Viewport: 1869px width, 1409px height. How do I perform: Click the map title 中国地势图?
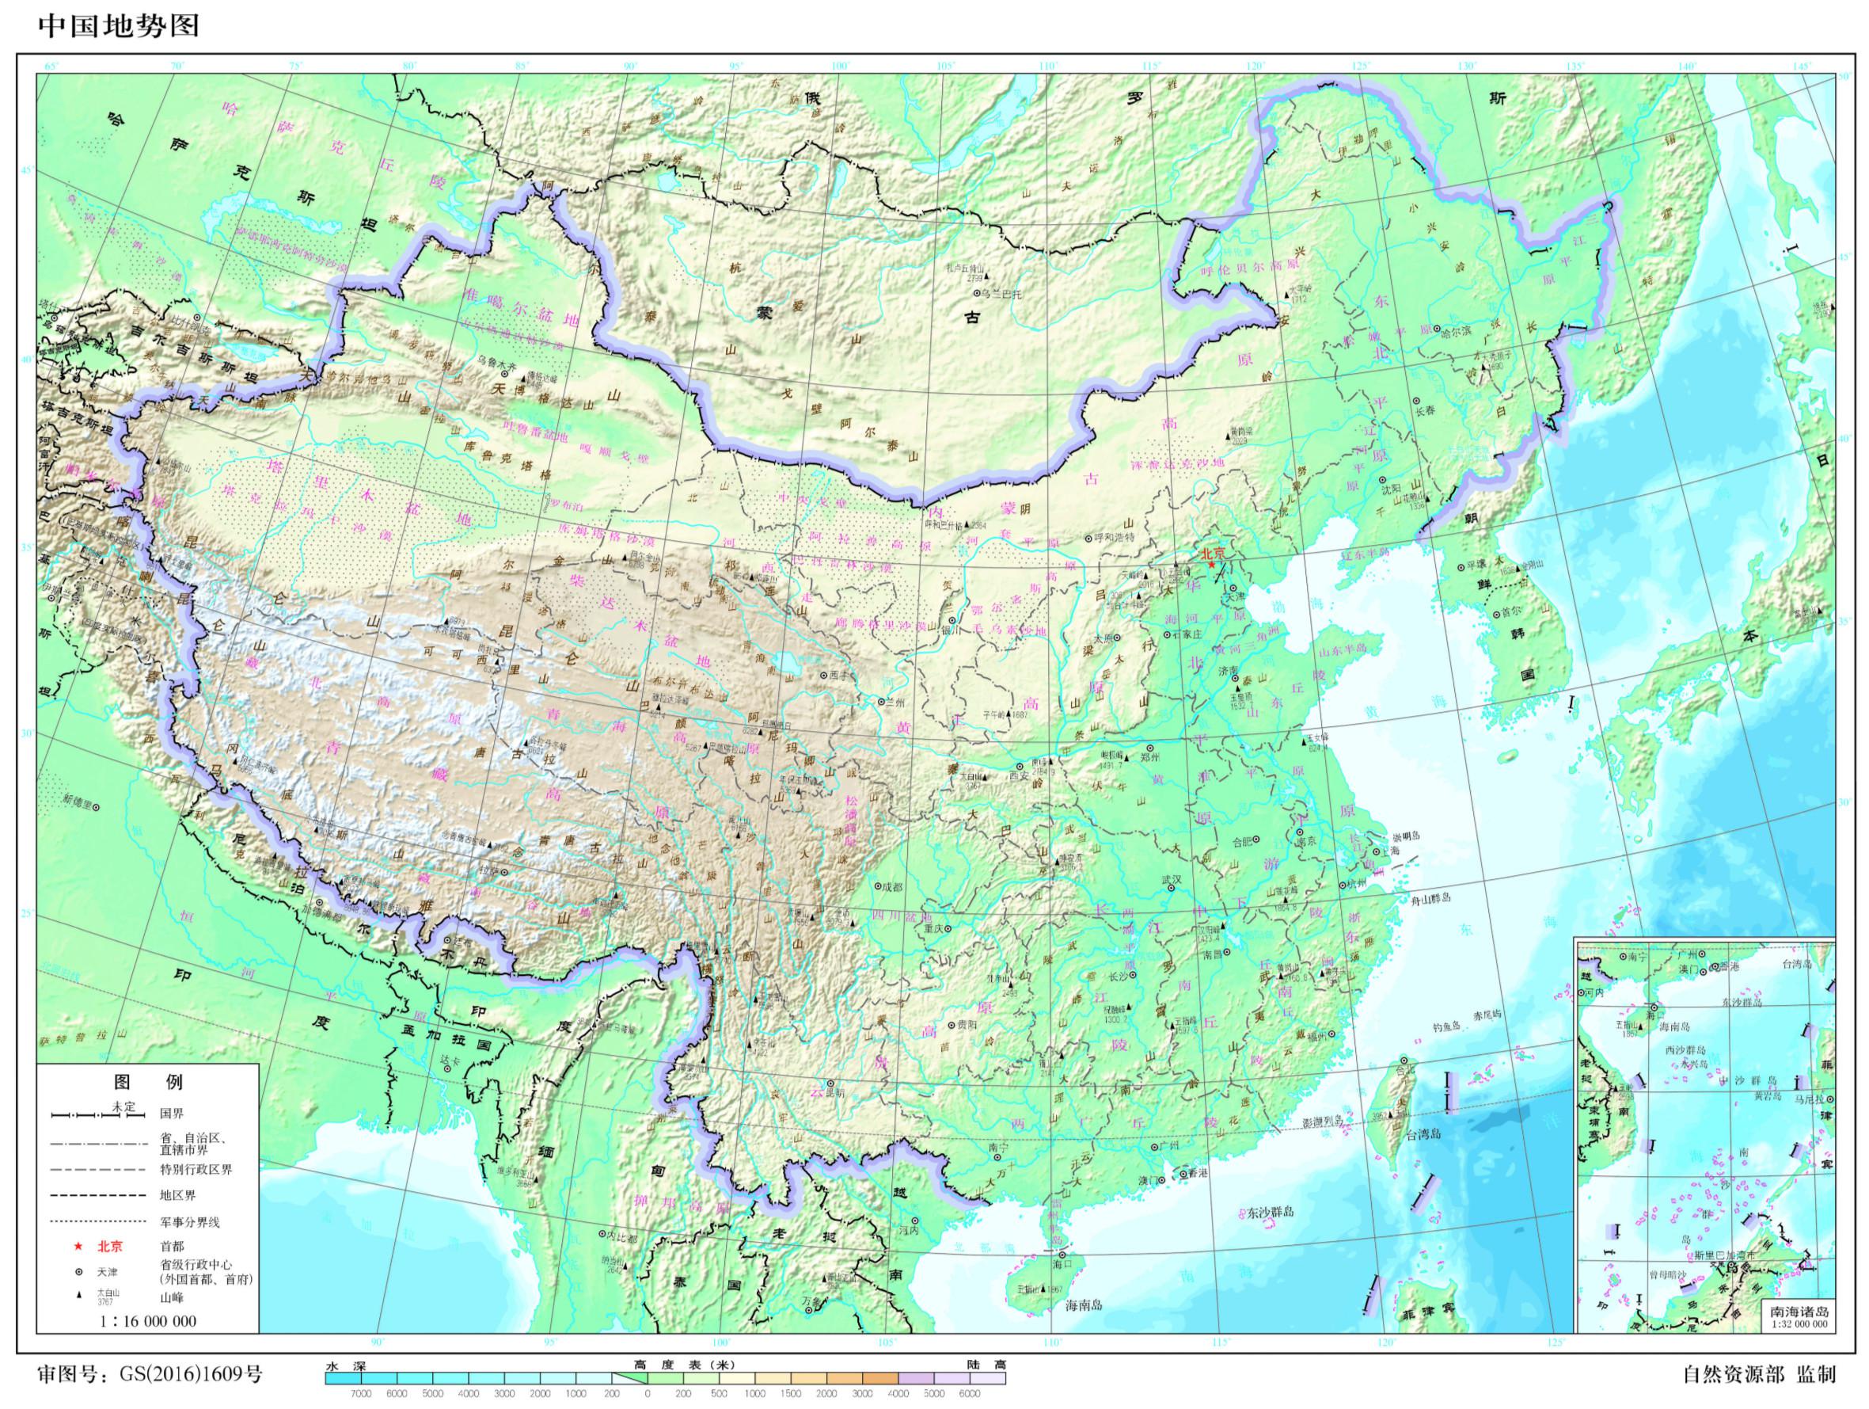119,26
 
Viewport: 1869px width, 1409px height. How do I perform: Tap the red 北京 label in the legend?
110,1246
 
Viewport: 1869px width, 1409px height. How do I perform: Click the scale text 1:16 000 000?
147,1320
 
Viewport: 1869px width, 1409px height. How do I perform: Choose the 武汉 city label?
1171,880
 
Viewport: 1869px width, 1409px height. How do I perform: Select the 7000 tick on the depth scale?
361,1394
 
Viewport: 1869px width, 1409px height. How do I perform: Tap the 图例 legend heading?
148,1081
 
